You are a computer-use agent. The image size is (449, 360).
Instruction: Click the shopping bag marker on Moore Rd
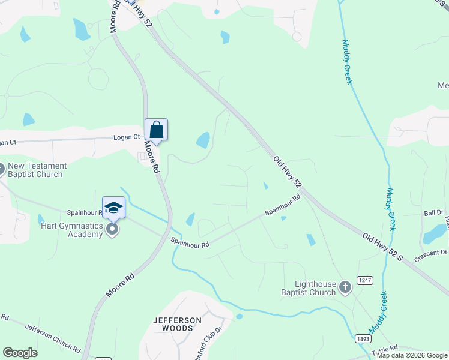click(156, 130)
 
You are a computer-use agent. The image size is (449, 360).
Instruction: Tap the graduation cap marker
click(113, 208)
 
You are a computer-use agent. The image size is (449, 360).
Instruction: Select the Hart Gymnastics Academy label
click(72, 230)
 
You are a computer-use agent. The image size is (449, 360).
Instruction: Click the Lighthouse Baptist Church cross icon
click(345, 287)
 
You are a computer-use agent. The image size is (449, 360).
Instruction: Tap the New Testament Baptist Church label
click(36, 170)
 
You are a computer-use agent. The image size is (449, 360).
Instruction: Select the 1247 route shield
click(364, 280)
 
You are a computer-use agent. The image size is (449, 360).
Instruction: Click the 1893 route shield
click(362, 338)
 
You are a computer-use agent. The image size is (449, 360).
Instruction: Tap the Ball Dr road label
click(433, 213)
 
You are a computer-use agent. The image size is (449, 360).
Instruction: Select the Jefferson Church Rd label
click(53, 337)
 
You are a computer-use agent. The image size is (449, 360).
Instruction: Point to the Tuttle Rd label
click(385, 348)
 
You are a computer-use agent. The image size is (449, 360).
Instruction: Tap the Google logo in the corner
click(20, 353)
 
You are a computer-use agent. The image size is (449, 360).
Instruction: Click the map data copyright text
click(412, 355)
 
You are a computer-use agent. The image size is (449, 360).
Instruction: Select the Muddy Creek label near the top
click(346, 61)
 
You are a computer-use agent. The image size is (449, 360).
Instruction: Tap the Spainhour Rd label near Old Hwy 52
click(282, 205)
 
